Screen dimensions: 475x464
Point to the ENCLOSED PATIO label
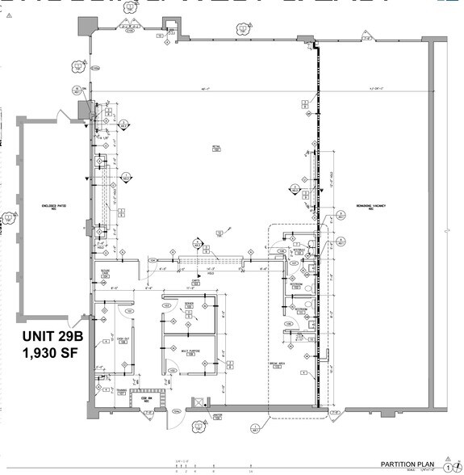pos(53,207)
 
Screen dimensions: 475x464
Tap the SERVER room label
pos(189,305)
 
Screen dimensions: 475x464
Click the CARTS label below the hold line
pos(194,282)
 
